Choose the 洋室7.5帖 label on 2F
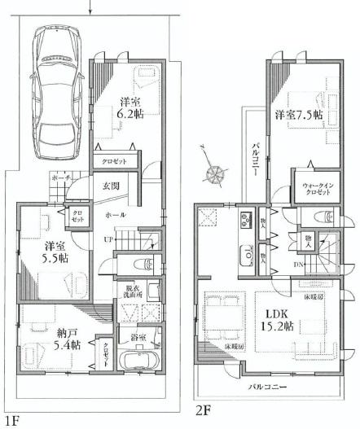[x=298, y=115]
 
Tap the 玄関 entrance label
[x=111, y=187]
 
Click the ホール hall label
[x=114, y=214]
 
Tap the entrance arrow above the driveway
[x=91, y=7]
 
